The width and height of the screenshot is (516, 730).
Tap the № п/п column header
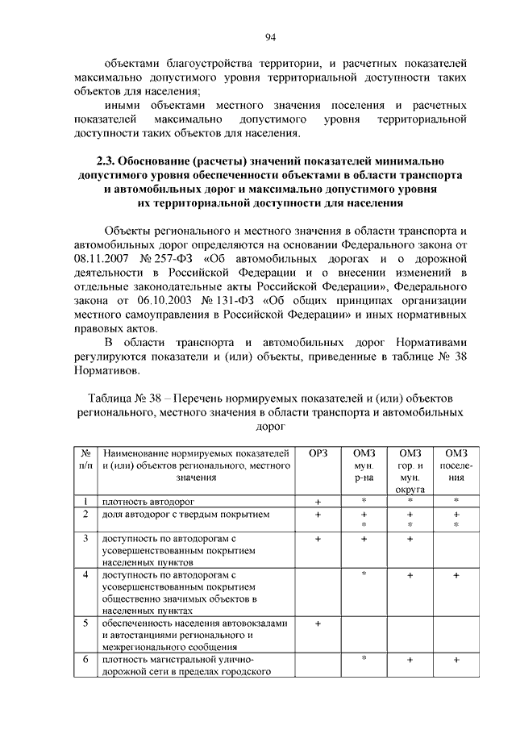pyautogui.click(x=85, y=458)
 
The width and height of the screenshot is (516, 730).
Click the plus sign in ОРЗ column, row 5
pyautogui.click(x=318, y=623)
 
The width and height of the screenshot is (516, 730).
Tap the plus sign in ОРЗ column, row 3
pyautogui.click(x=318, y=538)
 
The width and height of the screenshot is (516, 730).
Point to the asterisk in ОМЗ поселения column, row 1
pyautogui.click(x=456, y=501)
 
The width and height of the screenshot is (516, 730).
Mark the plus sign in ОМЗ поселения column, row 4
pyautogui.click(x=456, y=575)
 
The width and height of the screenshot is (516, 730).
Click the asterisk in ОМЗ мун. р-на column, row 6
pyautogui.click(x=364, y=659)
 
